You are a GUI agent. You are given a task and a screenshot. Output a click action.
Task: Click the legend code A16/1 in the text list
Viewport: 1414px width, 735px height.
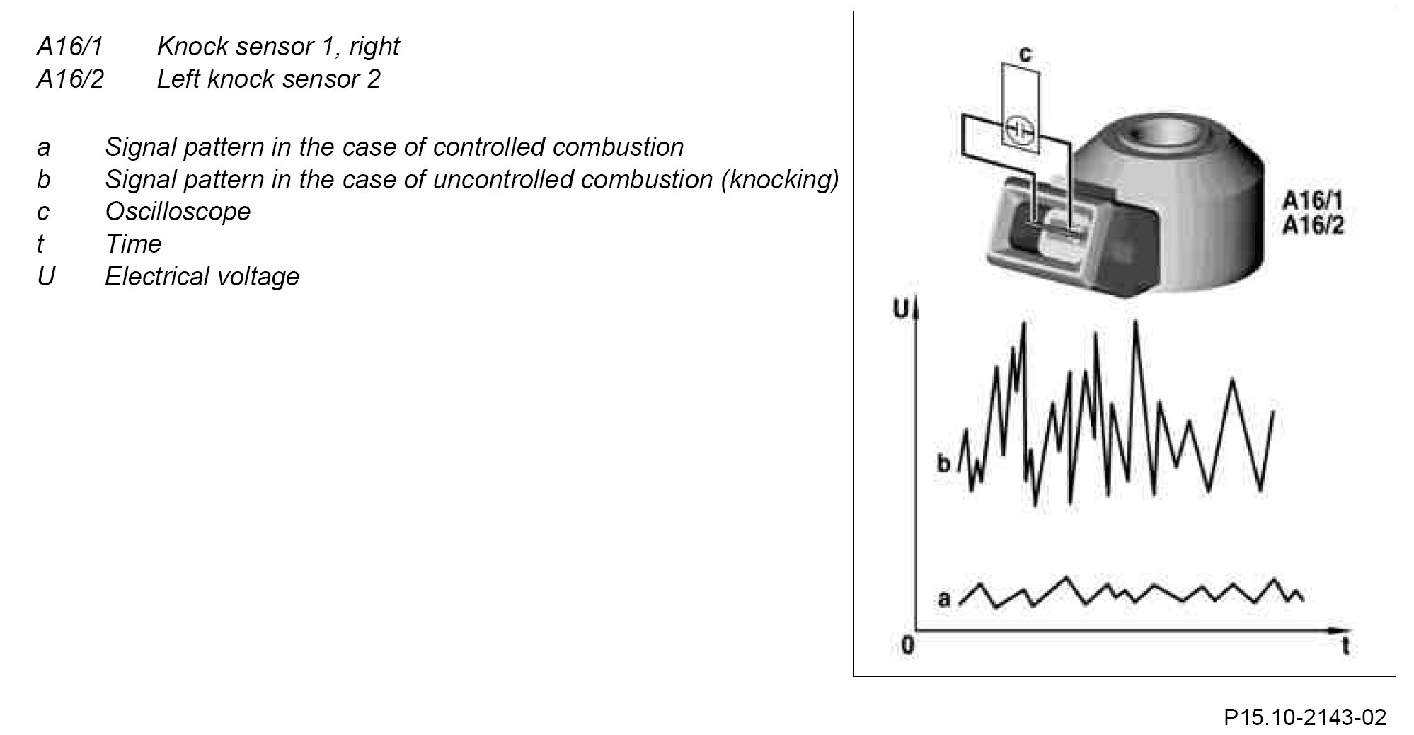point(70,47)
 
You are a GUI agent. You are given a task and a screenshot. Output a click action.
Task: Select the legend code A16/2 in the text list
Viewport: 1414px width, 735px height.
point(70,79)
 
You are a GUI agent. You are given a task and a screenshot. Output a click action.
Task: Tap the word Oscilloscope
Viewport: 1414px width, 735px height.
point(178,211)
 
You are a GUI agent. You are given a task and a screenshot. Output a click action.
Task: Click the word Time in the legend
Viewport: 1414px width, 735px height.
point(133,244)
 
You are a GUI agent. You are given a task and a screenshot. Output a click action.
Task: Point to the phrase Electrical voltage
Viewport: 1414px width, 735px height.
point(202,276)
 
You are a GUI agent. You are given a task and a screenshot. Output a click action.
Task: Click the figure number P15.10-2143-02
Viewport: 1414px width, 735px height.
point(1304,717)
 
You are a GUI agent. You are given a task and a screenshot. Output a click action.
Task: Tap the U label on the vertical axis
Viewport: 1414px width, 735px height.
point(902,309)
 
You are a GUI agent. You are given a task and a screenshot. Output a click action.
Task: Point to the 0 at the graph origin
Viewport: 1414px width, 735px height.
point(908,645)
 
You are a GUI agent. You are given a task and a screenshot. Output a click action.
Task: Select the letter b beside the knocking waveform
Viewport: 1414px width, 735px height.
point(943,465)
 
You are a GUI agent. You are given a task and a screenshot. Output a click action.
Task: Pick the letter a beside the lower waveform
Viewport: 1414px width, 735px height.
point(944,599)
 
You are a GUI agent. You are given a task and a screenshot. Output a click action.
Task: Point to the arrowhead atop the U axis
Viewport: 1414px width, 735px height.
point(916,310)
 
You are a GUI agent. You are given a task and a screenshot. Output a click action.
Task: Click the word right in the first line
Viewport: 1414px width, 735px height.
point(374,47)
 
